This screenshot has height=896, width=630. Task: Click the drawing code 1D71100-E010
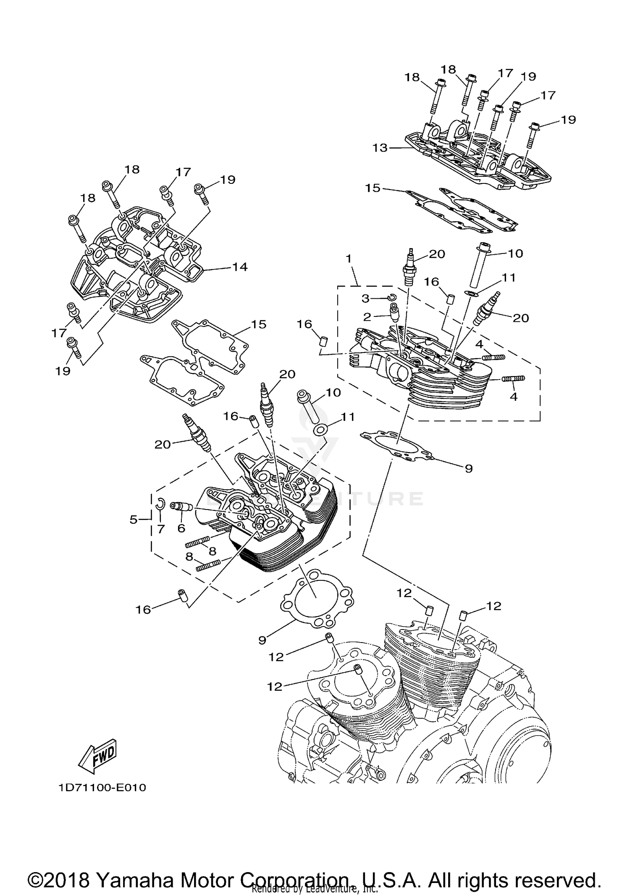tap(102, 788)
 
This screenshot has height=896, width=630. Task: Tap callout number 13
tap(380, 148)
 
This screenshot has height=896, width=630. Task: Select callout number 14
tap(240, 267)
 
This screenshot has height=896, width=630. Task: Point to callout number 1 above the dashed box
tap(349, 259)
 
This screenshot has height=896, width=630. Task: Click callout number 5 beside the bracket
tap(134, 520)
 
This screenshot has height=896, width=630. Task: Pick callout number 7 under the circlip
tap(161, 530)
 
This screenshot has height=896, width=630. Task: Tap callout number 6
tap(181, 528)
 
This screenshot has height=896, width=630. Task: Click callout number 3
tap(366, 298)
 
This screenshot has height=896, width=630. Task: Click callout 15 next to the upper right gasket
tap(373, 188)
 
